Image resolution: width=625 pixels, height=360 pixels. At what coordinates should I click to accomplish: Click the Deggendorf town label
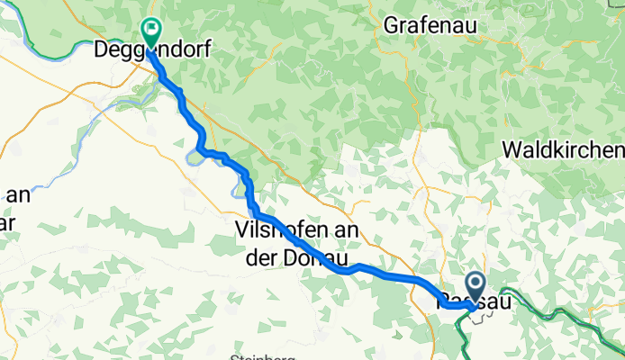[x=153, y=51]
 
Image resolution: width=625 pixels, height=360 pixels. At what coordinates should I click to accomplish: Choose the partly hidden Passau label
[x=474, y=300]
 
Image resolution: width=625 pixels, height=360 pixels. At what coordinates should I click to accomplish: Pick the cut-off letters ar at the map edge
[x=8, y=219]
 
